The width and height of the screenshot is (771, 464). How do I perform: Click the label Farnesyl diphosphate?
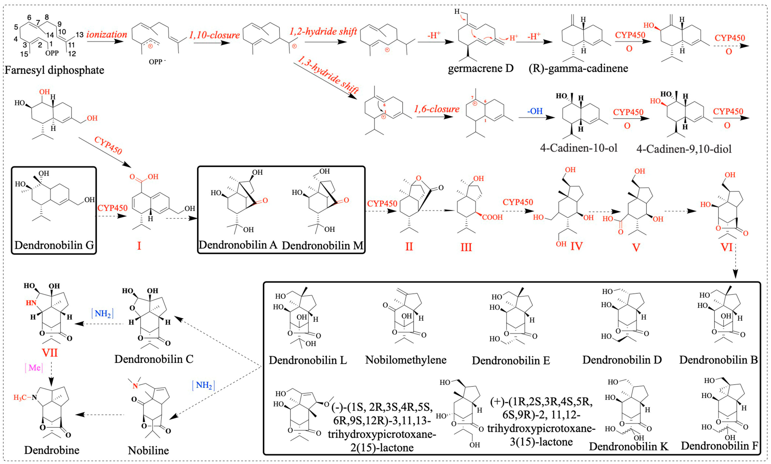[x=54, y=70]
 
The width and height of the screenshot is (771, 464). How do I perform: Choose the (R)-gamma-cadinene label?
[x=578, y=68]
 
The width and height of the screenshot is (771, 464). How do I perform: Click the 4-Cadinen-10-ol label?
[x=579, y=148]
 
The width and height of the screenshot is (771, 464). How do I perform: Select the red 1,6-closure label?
[x=437, y=109]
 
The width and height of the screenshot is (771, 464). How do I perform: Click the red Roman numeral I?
[x=139, y=246]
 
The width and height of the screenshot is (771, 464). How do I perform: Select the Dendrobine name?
[x=52, y=450]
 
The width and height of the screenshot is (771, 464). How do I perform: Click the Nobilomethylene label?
[x=406, y=360]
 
